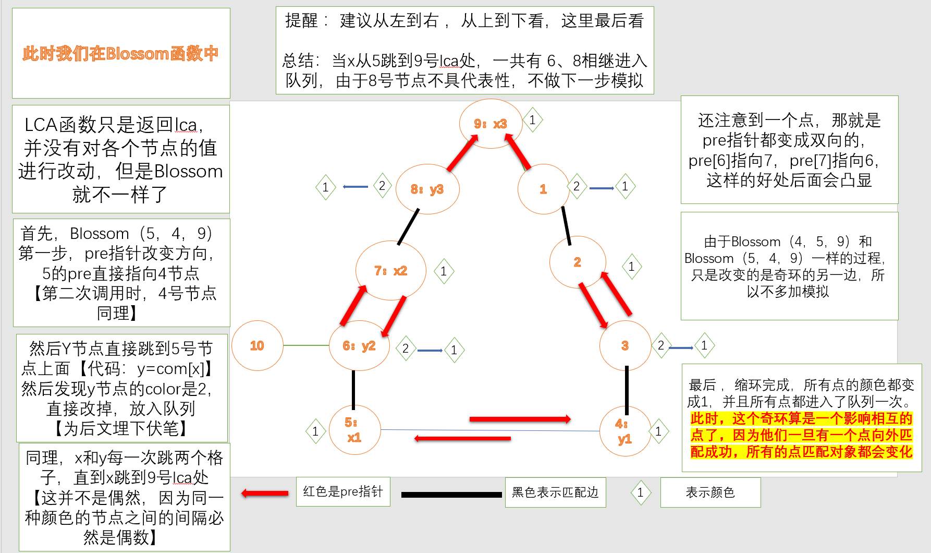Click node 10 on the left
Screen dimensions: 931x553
[x=257, y=345]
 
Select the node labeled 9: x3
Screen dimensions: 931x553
[x=491, y=124]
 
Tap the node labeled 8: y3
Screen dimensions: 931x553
[x=427, y=189]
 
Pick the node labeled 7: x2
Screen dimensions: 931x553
[x=390, y=271]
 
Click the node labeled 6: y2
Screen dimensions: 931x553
[x=359, y=346]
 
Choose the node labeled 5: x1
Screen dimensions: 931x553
[x=354, y=430]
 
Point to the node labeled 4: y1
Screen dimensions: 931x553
[x=624, y=431]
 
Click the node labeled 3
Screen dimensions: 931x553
[x=625, y=345]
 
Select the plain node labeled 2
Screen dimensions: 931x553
[x=578, y=262]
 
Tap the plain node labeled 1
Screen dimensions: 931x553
[x=543, y=189]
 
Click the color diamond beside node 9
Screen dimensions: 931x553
[x=532, y=120]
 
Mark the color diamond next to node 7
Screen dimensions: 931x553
[x=444, y=271]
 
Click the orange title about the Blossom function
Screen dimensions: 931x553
[x=120, y=53]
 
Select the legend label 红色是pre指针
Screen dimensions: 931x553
[x=343, y=491]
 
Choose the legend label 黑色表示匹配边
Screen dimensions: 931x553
[x=555, y=492]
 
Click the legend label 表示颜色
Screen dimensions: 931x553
[x=710, y=492]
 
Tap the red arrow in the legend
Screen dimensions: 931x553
[x=265, y=493]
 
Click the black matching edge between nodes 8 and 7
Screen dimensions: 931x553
[x=408, y=227]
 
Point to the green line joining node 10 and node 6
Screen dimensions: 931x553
[x=306, y=345]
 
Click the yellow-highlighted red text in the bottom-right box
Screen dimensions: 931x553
[x=801, y=435]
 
